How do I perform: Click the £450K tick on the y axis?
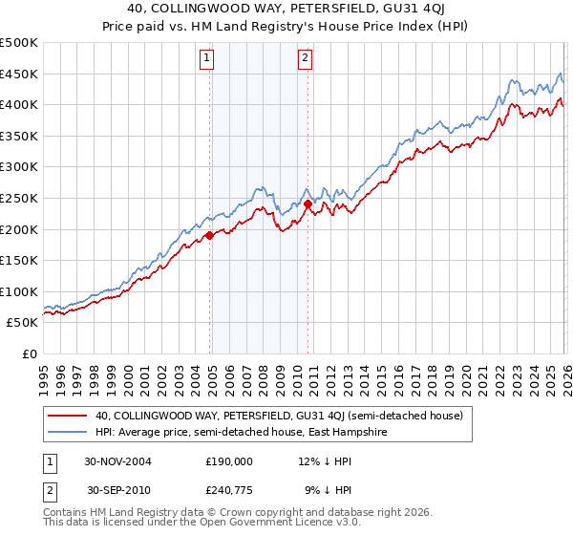point(19,74)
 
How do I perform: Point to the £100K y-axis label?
point(19,291)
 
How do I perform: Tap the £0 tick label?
point(30,353)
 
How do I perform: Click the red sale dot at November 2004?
point(210,235)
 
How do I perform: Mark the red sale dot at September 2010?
point(308,203)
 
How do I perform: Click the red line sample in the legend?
point(68,416)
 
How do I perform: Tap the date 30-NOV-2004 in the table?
point(119,460)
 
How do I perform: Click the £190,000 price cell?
point(229,460)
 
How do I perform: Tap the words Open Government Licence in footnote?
point(260,524)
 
